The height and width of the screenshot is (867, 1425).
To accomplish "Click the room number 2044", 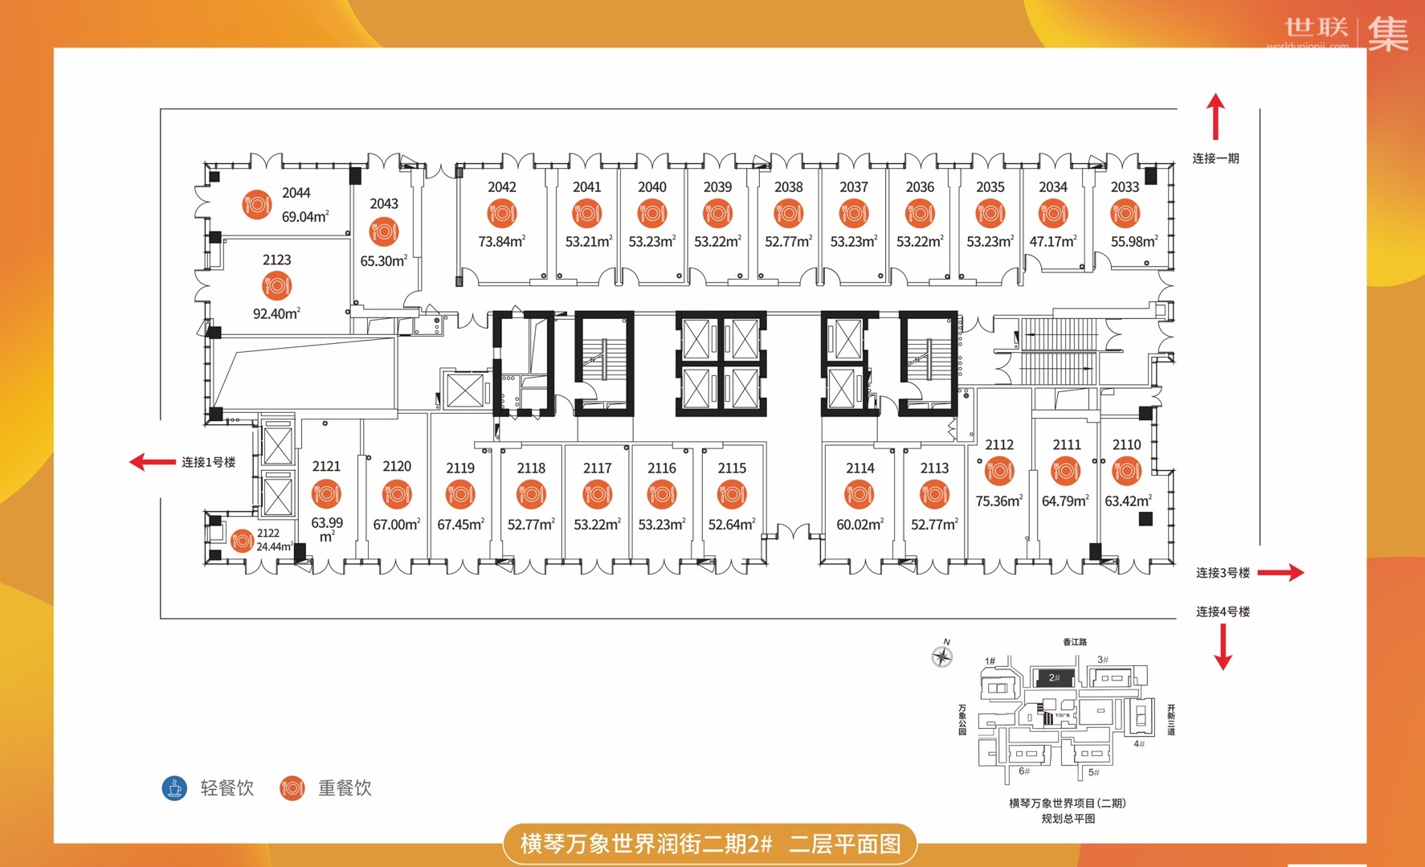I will pos(296,193).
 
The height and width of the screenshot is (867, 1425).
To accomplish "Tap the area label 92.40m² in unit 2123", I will pos(276,314).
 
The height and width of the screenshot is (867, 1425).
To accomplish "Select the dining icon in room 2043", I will pos(384,232).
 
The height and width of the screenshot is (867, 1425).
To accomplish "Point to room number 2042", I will pos(501,187).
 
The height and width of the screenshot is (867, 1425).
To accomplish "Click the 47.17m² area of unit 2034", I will pos(1052,241).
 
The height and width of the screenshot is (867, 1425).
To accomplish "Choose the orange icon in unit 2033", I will pos(1125,213).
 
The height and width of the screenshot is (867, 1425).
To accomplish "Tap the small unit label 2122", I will pos(268,534).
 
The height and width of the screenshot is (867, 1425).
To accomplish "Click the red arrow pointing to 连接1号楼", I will pos(152,462).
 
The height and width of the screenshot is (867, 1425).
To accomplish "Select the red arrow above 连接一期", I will pos(1215,117).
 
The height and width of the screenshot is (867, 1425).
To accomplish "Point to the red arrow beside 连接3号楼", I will pos(1280,572).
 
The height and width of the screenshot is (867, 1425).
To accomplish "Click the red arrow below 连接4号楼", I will pos(1223,647).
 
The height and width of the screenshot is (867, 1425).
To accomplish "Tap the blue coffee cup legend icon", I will pos(174,788).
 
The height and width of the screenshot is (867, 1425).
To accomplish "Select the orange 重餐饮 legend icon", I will pos(292,788).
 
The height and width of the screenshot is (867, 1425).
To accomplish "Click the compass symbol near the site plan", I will pos(942,656).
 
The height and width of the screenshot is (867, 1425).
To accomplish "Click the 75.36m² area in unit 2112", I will pos(998,501).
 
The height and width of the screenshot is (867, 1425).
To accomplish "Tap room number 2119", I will pos(460,468).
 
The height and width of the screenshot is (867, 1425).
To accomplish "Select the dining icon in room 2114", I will pos(859,494).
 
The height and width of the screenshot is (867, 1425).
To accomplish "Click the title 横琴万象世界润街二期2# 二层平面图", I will pos(710,844).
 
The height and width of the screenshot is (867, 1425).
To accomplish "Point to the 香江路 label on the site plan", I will pos(1075,642).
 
